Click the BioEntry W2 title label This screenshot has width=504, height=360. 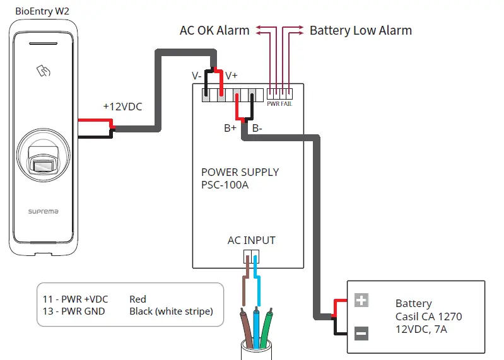pos(42,10)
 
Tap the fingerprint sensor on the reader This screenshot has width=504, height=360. pos(43,165)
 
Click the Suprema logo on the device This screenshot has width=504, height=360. pos(43,212)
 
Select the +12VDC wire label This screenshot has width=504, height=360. pos(122,107)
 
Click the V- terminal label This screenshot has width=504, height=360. pos(197,76)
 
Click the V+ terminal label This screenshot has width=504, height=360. pos(231,76)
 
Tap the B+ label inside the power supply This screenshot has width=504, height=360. pos(230,128)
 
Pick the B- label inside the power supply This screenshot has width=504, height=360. pos(257,128)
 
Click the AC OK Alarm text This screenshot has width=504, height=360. pos(214,30)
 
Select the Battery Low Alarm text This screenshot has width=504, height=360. pos(360,30)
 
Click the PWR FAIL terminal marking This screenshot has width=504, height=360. pos(279,104)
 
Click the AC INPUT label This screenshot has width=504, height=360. pos(251,240)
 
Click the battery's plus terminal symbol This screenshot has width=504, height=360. pos(361,300)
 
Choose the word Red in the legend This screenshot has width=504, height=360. pos(138,299)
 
